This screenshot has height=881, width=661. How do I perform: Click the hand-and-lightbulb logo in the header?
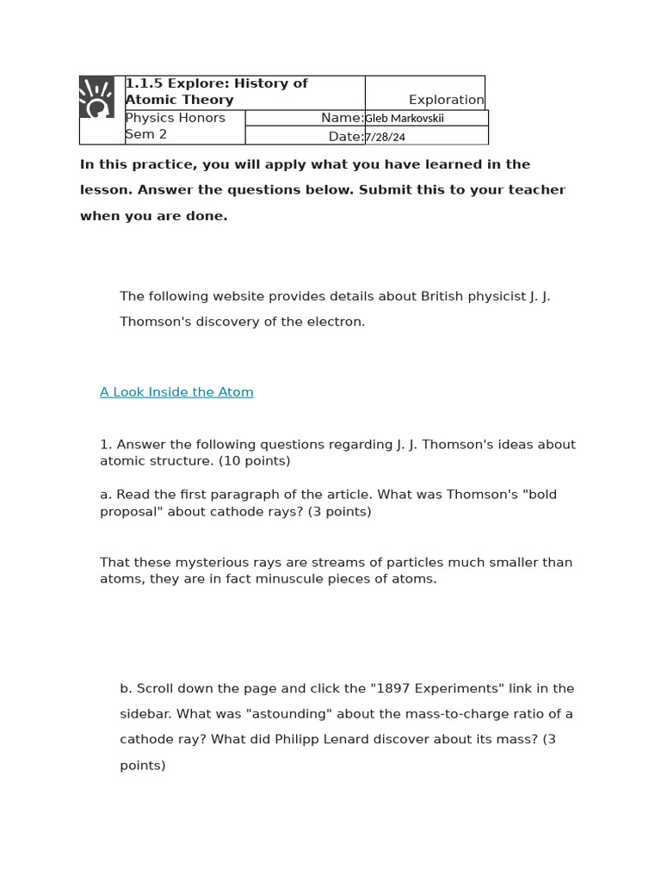click(97, 96)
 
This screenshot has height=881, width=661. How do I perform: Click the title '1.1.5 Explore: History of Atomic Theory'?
click(216, 91)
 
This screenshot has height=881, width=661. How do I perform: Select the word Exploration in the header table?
click(446, 100)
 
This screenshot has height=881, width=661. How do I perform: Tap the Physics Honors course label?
click(176, 118)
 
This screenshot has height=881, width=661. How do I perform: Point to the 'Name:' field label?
click(342, 118)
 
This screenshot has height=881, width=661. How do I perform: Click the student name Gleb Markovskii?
click(405, 119)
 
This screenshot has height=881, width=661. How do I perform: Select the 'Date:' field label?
click(345, 137)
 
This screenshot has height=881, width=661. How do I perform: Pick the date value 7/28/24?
click(385, 138)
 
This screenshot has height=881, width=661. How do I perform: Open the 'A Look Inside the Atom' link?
click(176, 392)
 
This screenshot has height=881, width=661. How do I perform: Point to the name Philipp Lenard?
click(318, 739)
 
